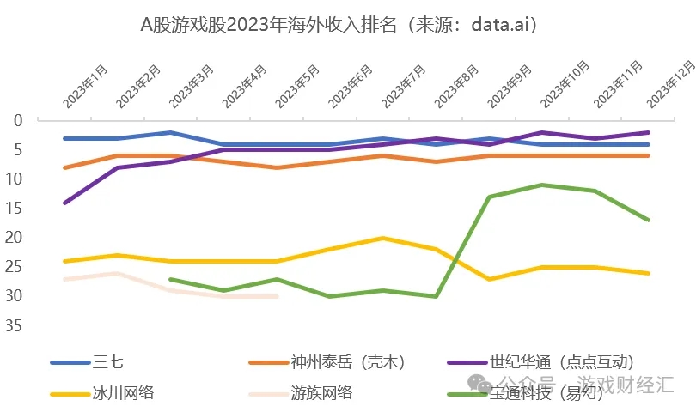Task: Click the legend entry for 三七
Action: pos(107,361)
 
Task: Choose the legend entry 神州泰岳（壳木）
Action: pos(347,361)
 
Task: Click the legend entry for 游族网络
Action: pos(321,393)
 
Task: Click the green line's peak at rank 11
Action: pos(541,185)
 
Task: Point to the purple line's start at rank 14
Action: pos(64,203)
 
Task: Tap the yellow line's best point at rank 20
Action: pos(382,238)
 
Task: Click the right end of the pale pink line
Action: pos(277,296)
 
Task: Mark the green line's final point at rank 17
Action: pos(648,220)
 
